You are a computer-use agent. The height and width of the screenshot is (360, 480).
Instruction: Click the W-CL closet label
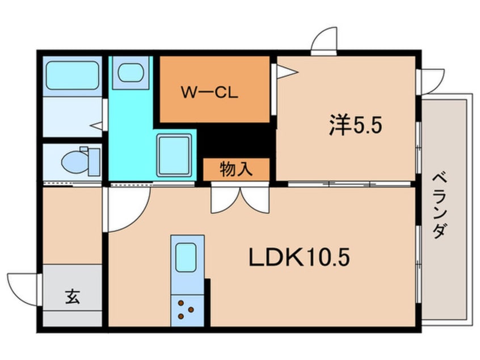click(209, 92)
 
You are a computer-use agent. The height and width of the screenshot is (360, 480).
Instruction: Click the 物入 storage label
click(236, 169)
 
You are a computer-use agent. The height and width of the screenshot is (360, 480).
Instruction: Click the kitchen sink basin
click(187, 257)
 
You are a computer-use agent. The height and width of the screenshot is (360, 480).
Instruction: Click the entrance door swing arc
click(24, 286)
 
